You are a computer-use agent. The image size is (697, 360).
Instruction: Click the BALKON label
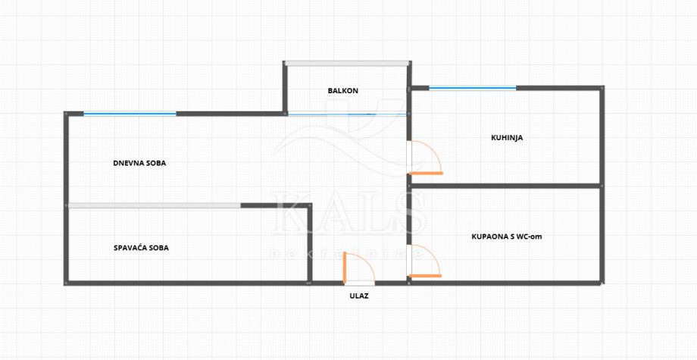pyautogui.click(x=342, y=91)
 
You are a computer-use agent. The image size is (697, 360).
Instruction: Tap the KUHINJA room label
pyautogui.click(x=507, y=138)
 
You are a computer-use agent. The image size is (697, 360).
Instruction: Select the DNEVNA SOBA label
pyautogui.click(x=139, y=163)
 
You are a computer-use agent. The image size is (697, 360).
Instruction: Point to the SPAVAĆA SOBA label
pyautogui.click(x=141, y=248)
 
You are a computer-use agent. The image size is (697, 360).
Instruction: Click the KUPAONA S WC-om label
pyautogui.click(x=506, y=237)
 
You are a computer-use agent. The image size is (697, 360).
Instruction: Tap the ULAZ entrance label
pyautogui.click(x=359, y=296)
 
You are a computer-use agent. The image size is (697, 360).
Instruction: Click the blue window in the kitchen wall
pyautogui.click(x=472, y=89)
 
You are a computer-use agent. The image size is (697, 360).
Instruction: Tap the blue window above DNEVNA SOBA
pyautogui.click(x=130, y=114)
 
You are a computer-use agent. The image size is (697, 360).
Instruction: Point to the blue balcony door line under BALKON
pyautogui.click(x=345, y=114)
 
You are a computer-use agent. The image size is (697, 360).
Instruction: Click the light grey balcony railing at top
pyautogui.click(x=346, y=63)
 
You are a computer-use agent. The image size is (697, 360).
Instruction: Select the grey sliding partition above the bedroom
pyautogui.click(x=155, y=205)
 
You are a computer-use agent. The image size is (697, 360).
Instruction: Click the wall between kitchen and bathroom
pyautogui.click(x=506, y=185)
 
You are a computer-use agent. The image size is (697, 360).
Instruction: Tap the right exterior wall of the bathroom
pyautogui.click(x=603, y=235)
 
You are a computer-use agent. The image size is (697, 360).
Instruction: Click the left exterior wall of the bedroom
pyautogui.click(x=67, y=245)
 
